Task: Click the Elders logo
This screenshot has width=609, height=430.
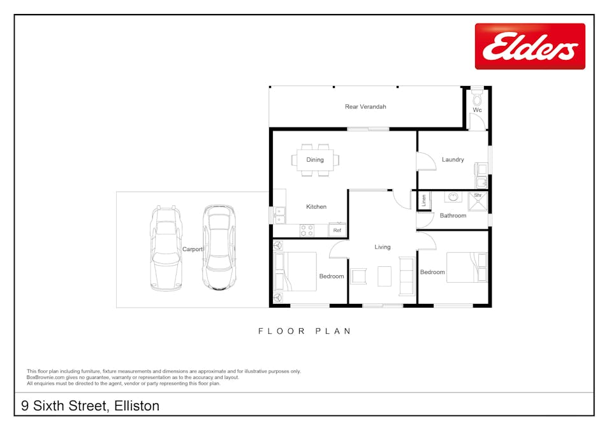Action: (529, 47)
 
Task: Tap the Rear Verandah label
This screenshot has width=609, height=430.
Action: (365, 107)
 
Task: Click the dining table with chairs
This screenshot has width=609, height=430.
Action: (316, 160)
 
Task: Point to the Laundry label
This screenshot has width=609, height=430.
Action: (453, 160)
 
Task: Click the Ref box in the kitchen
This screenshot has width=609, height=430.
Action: (337, 230)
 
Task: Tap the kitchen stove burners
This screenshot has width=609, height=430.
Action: (307, 230)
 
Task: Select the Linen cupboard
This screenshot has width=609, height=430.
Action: (423, 201)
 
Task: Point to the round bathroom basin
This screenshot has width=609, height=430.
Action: (453, 197)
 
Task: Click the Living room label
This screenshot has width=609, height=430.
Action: (382, 247)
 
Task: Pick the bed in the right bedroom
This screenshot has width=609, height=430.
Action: (467, 267)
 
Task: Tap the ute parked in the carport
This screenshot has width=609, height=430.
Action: (165, 247)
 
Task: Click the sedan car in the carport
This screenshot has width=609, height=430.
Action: (218, 247)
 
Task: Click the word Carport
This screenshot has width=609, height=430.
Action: (192, 250)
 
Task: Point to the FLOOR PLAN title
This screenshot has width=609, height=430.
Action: (305, 331)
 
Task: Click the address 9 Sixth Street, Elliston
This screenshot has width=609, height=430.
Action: (90, 406)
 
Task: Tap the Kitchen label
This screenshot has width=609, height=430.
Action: (316, 207)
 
